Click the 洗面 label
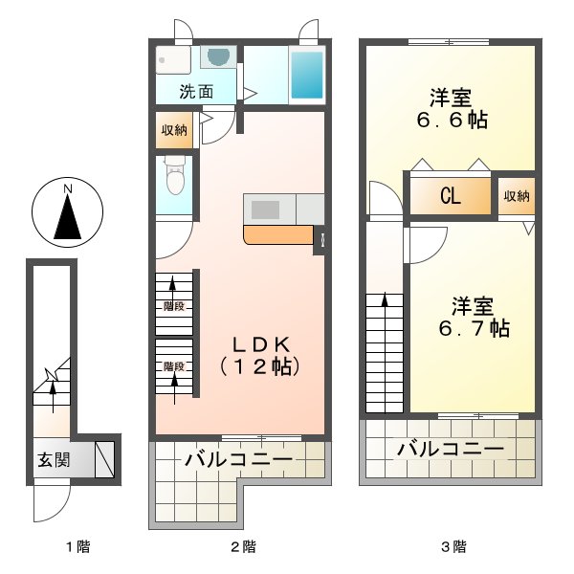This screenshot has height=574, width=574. tap(196, 93)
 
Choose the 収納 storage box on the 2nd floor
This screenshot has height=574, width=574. tap(173, 130)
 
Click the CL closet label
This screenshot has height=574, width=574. tap(451, 197)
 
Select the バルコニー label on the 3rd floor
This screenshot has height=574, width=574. tap(450, 448)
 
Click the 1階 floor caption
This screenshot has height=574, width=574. tap(77, 547)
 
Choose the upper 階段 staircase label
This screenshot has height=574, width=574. tap(173, 307)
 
